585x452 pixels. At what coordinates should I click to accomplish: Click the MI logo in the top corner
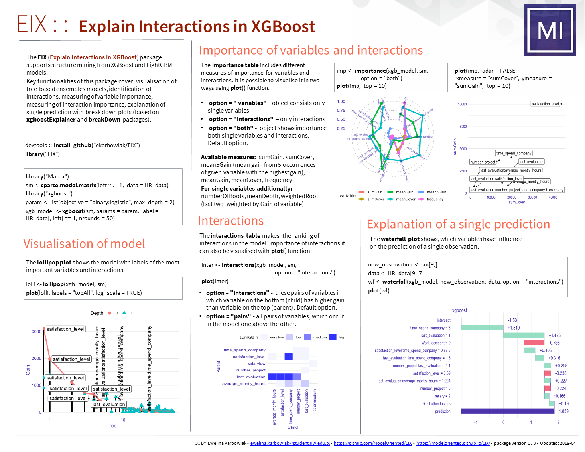click(550, 30)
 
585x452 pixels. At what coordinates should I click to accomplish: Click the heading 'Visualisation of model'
click(84, 243)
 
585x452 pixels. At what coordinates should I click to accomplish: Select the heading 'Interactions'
click(230, 221)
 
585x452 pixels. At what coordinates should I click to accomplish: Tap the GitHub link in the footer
click(372, 443)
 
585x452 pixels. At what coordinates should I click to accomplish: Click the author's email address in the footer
click(290, 443)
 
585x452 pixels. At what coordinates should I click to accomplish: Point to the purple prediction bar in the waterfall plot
click(508, 411)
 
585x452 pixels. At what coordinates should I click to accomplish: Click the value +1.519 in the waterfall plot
click(514, 328)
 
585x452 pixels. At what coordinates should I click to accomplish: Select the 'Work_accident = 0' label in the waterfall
click(435, 343)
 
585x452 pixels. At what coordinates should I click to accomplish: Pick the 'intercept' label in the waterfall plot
click(443, 320)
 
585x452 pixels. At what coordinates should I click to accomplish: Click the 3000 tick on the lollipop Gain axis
click(37, 332)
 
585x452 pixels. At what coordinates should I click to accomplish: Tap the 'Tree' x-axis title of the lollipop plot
click(112, 426)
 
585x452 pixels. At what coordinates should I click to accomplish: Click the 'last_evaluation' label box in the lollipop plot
click(108, 404)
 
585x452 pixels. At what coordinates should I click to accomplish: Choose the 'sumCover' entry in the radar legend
click(376, 199)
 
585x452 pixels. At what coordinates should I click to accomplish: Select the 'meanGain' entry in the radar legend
click(404, 192)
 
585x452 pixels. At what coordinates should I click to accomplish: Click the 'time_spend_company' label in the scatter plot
click(514, 153)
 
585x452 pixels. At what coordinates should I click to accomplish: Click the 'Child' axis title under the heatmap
click(293, 427)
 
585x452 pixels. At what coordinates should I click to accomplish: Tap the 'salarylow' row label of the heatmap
click(256, 363)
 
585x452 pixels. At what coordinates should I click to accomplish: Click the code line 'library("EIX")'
click(42, 154)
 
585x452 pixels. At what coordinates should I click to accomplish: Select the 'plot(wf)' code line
click(379, 290)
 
